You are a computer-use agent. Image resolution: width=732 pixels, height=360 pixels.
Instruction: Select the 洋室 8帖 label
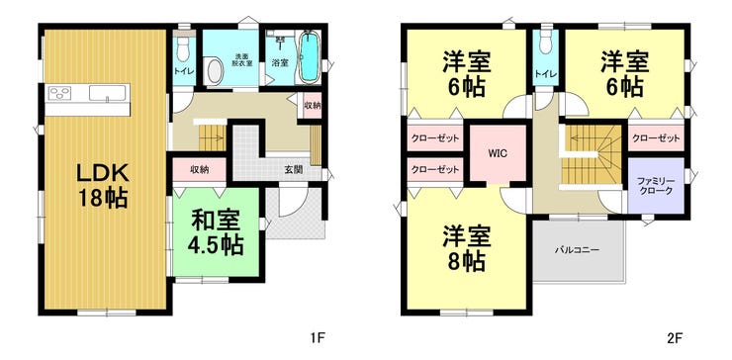pos(464,248)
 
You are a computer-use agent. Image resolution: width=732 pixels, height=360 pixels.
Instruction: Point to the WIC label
pos(498,153)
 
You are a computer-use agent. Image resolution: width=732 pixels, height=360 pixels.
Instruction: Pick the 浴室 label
pos(280,62)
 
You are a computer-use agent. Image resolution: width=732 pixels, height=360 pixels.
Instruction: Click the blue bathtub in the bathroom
pos(308,58)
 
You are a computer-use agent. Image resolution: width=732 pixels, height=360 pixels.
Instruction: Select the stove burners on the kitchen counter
pos(58,94)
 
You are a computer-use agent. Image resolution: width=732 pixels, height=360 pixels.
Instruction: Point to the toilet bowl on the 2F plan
pos(542,51)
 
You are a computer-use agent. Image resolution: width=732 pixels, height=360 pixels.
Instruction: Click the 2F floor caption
pos(675,337)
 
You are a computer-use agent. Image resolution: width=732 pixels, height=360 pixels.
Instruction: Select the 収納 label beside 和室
pos(199,169)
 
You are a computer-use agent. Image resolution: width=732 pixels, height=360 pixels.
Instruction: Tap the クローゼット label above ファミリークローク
pos(655,137)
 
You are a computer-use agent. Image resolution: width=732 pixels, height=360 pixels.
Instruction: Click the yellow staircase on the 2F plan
pos(589,155)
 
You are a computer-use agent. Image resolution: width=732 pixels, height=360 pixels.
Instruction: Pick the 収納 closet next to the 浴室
pos(312,105)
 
